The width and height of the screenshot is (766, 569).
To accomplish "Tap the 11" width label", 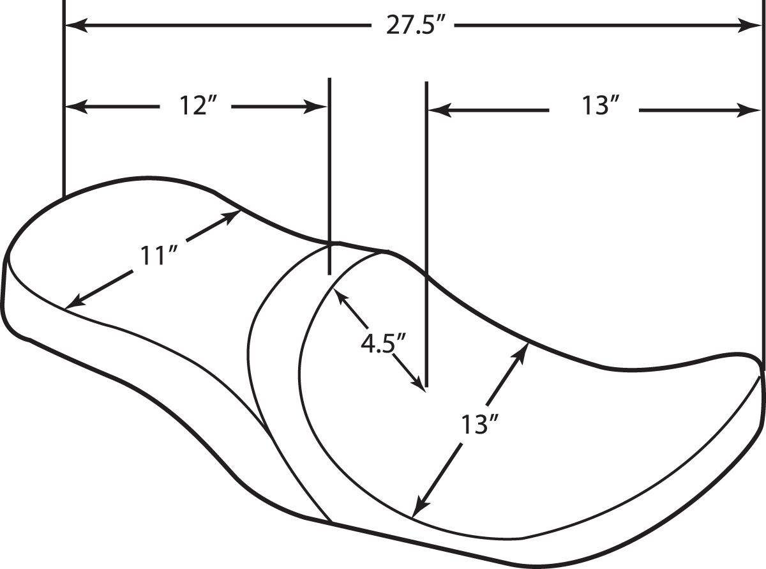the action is pos(158,255).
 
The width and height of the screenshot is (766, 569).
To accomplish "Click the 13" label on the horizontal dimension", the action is pos(599,106).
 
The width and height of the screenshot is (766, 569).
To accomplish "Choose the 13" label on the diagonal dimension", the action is pos(479,425).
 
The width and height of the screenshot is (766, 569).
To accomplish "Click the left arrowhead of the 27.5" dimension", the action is pos(76,26).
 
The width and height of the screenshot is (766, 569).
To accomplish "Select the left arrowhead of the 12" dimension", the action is pos(76,107).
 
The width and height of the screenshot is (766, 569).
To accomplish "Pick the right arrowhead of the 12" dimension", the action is pos(315,107).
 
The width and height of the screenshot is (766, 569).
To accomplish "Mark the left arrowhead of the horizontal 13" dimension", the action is pos(440,110).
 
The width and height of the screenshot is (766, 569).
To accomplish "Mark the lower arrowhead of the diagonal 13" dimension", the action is pos(420,505).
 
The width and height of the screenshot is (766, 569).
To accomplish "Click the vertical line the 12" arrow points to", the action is pos(329,176).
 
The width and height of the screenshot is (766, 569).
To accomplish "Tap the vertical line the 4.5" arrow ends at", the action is pos(427,234).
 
